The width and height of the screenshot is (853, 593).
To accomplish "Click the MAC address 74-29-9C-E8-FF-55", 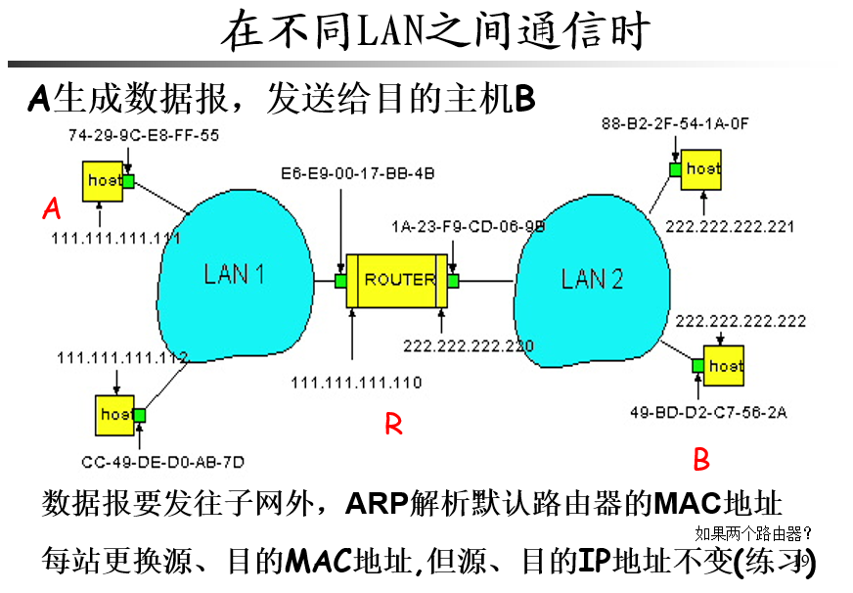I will tap(143, 135).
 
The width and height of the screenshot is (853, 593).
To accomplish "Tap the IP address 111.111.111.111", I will tap(115, 238).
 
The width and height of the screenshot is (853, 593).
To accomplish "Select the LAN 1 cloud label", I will tap(234, 274).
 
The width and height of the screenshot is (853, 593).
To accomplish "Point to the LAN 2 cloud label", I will tap(592, 279).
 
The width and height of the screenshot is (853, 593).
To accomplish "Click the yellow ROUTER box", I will tap(399, 280).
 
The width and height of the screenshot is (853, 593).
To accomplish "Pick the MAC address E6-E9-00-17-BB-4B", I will tap(357, 173).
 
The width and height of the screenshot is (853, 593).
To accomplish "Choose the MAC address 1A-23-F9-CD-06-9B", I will tap(468, 226).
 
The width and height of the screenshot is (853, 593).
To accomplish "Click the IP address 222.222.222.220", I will tap(469, 345).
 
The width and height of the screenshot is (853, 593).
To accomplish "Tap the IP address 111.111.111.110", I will tap(356, 383).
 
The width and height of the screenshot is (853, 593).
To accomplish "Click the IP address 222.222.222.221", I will tap(730, 226).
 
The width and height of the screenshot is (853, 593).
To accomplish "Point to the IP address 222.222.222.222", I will tap(741, 321).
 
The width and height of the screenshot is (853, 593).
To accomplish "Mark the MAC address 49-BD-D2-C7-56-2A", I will tap(709, 413).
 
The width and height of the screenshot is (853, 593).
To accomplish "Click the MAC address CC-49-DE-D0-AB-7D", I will tap(163, 461).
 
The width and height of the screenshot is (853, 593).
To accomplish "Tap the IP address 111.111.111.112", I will tap(122, 357).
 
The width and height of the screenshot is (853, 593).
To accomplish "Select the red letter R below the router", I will tap(393, 424).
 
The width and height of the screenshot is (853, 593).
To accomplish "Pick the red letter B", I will tap(701, 459).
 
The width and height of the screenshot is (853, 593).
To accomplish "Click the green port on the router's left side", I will tap(340, 281).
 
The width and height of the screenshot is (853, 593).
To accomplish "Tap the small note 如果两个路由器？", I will tap(753, 534).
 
